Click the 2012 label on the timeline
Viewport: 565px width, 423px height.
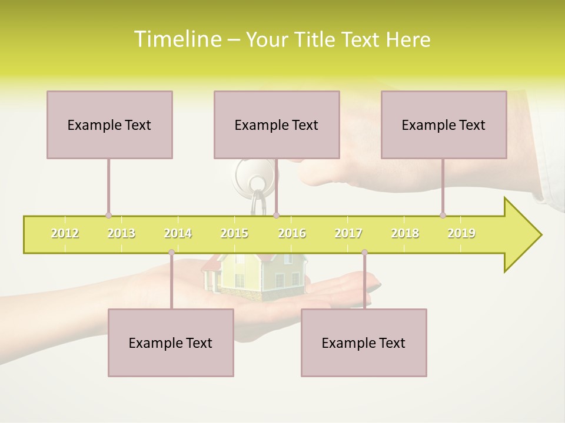65,234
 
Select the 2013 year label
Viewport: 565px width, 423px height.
121,234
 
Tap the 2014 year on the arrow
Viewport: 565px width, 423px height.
178,234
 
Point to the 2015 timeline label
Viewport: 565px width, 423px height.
234,234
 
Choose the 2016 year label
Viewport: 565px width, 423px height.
292,234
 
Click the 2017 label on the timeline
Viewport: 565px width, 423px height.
348,234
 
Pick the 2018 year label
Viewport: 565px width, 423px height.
405,234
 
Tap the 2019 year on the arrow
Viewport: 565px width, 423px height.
461,234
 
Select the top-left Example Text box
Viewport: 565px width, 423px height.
109,125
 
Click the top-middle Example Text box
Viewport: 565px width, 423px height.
277,125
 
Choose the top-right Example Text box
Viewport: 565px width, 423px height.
444,125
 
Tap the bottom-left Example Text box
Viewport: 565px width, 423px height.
171,343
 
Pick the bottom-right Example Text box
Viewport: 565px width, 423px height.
364,343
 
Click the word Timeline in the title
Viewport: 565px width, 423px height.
176,39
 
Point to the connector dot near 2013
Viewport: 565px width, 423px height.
108,216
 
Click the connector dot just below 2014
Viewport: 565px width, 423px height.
171,253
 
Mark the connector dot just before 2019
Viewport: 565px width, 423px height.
443,216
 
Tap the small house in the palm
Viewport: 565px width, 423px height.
255,273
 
